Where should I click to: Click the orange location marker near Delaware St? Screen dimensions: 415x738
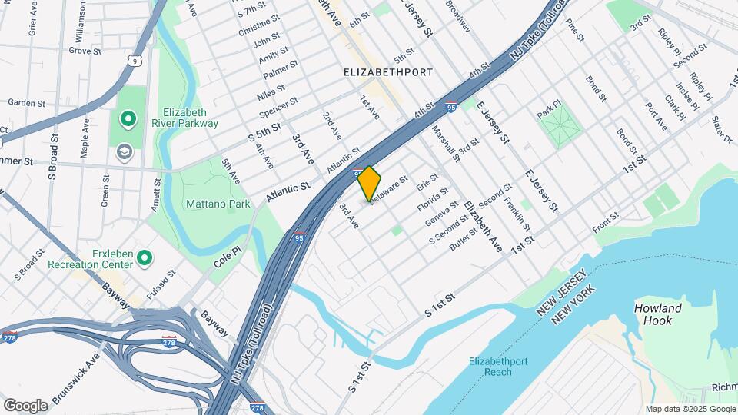pos(369,183)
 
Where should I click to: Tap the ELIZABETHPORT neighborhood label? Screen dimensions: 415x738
pos(388,71)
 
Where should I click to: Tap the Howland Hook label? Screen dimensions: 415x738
pos(657,314)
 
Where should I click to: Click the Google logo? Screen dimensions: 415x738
pos(26,405)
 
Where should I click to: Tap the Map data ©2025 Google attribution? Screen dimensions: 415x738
pos(689,409)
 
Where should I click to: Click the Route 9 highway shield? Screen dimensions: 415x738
pos(135,59)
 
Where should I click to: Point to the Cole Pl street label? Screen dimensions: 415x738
pos(228,257)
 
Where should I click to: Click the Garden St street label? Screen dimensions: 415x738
pos(28,102)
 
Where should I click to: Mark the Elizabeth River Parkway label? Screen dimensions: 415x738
pos(190,117)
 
